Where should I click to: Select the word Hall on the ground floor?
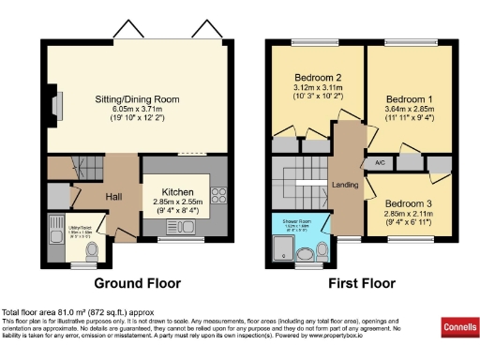tap(113, 197)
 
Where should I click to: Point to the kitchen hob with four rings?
tap(218, 196)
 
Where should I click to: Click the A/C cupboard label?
tap(381, 163)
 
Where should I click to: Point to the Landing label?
tap(346, 184)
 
